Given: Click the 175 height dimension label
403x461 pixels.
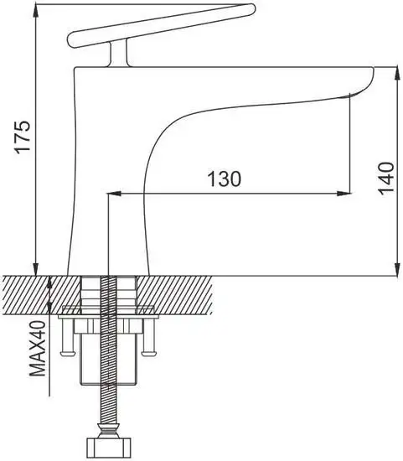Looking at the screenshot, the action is pos(23,136).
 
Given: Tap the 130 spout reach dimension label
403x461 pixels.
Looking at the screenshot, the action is pos(224,179).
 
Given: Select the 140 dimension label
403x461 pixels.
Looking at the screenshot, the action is pos(385,179).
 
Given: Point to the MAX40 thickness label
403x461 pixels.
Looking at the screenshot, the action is pos(39,349).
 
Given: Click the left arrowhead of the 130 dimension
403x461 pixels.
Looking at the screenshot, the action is pos(115,194).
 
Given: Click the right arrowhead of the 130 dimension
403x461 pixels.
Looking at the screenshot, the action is pos(344,194).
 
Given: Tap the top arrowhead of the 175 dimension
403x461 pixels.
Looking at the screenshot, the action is pos(35,12).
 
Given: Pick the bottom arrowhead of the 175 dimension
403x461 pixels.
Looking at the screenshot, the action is pos(35,269).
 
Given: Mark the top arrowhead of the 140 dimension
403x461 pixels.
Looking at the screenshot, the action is pos(397,74).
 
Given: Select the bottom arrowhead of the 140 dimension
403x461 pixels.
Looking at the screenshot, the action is pos(397,269).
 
